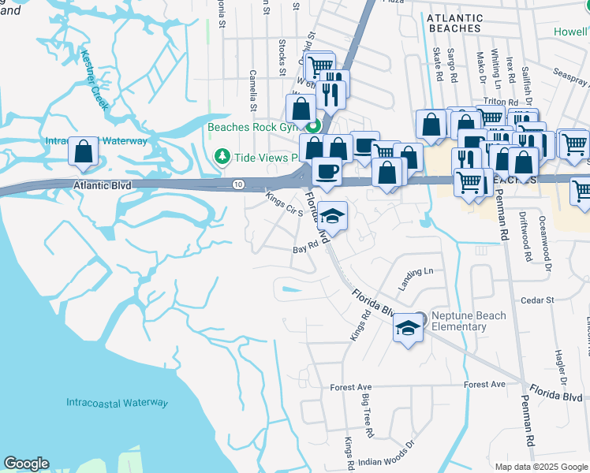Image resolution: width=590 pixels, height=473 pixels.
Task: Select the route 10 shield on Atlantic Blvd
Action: tap(237, 184)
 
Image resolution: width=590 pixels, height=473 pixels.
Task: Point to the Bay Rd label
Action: tap(305, 247)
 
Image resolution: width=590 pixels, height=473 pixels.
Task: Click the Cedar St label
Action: tap(539, 300)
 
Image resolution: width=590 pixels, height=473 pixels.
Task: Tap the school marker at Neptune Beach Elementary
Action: tap(407, 329)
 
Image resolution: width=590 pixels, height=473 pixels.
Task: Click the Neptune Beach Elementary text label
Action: tap(470, 321)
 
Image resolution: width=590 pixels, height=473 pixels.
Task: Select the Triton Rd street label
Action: tap(502, 102)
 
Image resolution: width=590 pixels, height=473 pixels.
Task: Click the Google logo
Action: tap(26, 464)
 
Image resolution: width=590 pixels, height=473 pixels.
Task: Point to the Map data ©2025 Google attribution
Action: tap(540, 467)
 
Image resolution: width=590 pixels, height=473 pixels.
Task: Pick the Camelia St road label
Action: tap(254, 88)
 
